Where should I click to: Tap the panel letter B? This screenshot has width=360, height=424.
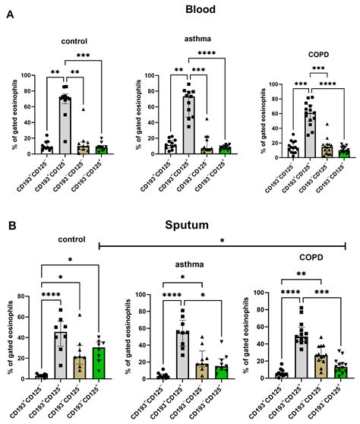click(x=9, y=226)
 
